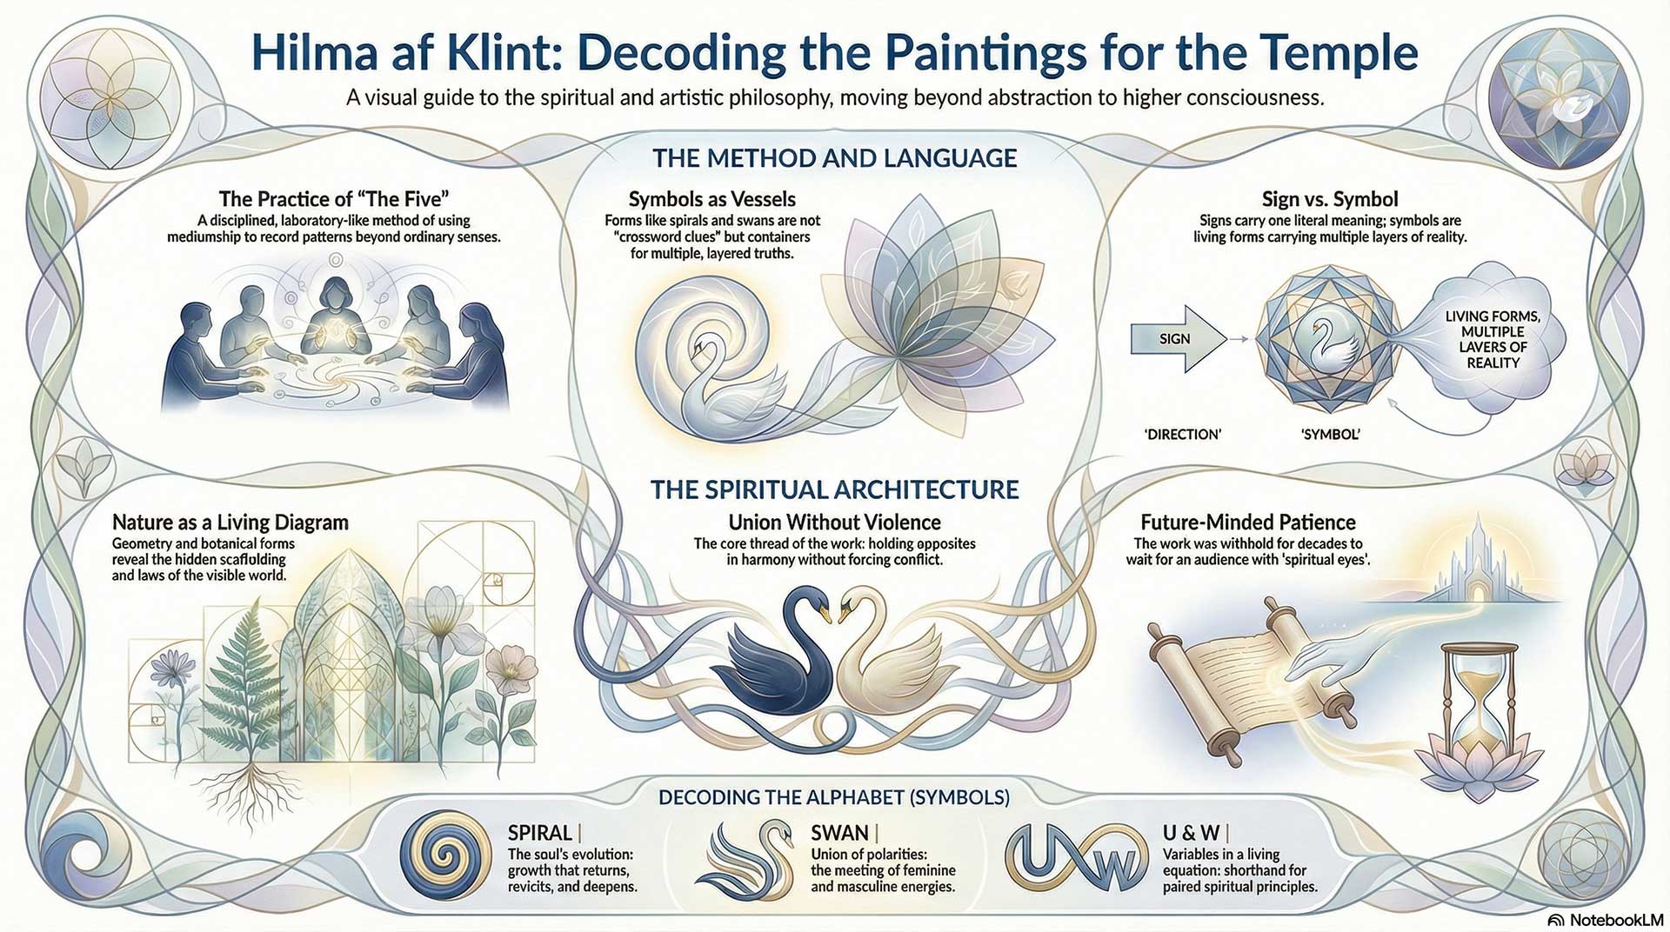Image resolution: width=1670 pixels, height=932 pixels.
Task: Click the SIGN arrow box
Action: coord(1174,339)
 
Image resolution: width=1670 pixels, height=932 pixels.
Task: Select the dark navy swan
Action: coord(774,661)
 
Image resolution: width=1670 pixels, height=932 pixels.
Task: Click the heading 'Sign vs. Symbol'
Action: coord(1330,199)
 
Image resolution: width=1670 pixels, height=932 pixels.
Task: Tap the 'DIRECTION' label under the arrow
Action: coord(1182,434)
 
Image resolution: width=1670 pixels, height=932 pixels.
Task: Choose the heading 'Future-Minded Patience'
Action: coord(1247,523)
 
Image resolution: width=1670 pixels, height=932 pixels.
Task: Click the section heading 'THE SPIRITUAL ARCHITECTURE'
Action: coord(834,489)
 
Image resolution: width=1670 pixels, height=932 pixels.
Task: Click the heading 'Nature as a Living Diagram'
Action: coord(230,523)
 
